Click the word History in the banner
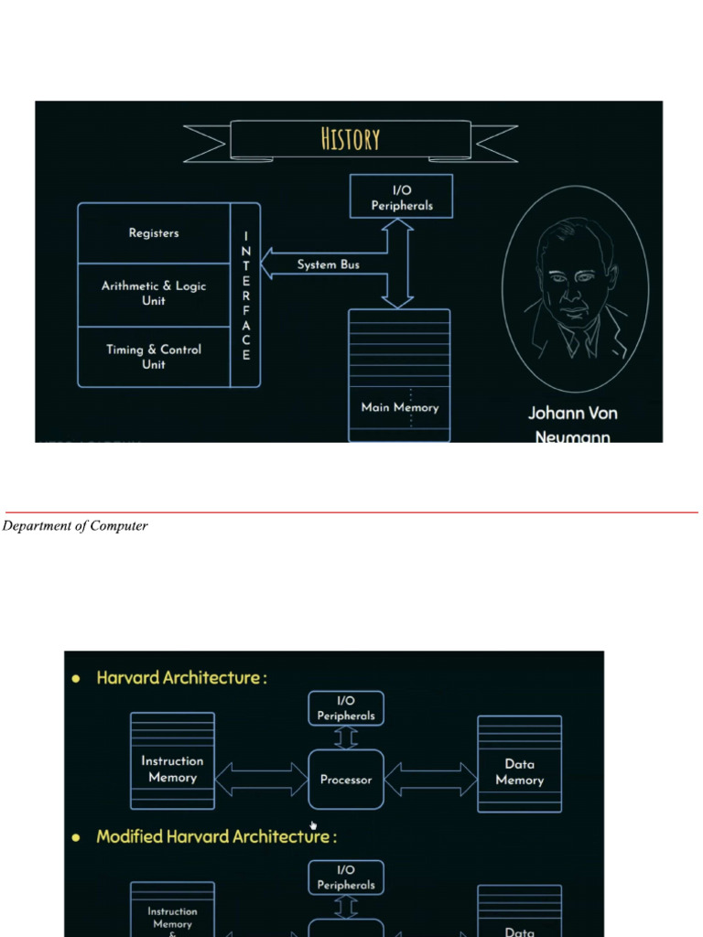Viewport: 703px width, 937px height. pos(351,139)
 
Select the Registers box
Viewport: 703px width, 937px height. pos(154,233)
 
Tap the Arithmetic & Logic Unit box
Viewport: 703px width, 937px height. pos(154,294)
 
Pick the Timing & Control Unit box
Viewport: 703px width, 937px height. pos(154,357)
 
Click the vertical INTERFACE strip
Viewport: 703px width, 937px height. pos(245,296)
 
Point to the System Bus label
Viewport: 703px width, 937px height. pos(328,265)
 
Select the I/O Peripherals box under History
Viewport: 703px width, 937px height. pos(401,197)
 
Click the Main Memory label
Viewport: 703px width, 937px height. pos(399,408)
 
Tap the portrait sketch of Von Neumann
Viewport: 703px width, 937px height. pos(574,288)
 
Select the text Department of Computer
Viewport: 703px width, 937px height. pos(75,526)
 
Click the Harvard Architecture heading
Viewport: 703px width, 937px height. pos(181,678)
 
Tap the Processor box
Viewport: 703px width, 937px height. pos(346,780)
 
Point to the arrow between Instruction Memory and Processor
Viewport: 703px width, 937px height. pos(262,779)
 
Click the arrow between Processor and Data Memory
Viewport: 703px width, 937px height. pos(431,779)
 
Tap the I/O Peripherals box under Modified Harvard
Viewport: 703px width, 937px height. pos(346,878)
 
